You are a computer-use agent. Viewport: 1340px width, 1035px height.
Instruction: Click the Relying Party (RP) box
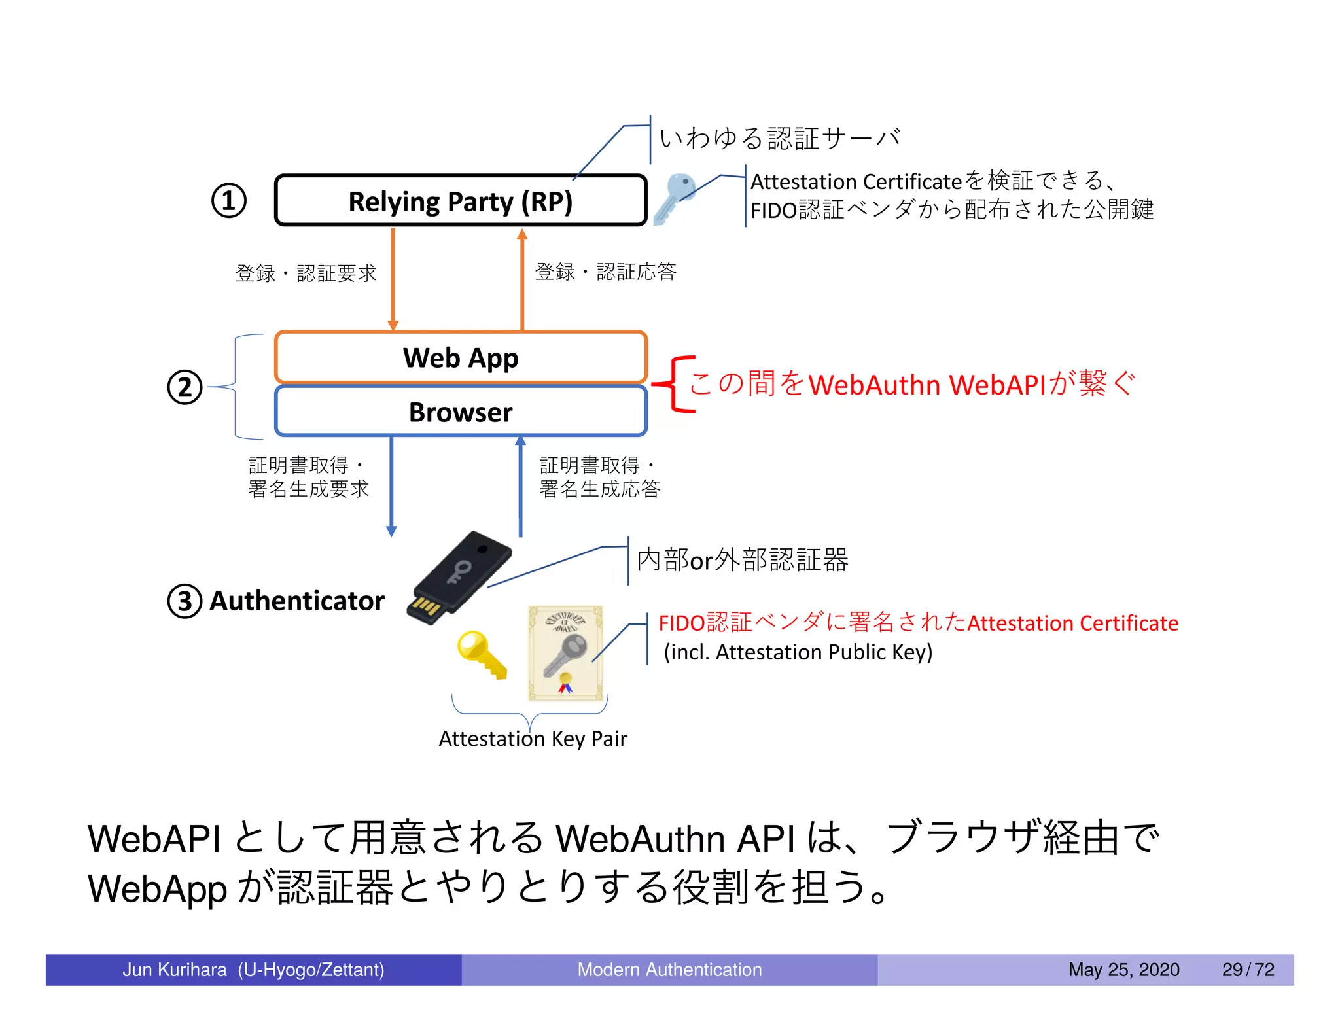coord(461,201)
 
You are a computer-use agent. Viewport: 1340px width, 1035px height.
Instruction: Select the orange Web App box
coord(461,357)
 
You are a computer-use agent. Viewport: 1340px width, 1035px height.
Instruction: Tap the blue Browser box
coord(461,412)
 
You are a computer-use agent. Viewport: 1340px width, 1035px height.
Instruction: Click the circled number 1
coord(228,200)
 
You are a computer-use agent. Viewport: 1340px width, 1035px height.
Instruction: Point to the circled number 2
coord(185,387)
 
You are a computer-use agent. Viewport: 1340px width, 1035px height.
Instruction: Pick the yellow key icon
coord(482,654)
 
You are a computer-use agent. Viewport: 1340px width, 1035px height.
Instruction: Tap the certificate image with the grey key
coord(565,653)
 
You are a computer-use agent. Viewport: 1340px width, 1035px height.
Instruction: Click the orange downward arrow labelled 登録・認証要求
coord(393,278)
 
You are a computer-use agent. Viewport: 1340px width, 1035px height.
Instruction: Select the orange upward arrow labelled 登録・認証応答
coord(521,278)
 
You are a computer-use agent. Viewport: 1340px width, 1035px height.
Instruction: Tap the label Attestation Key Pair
coord(533,739)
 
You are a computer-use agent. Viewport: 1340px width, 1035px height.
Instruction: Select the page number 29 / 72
coord(1248,969)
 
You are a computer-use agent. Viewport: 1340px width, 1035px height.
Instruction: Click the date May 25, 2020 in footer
coord(1123,969)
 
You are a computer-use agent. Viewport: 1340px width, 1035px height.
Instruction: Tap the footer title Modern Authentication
coord(669,969)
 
